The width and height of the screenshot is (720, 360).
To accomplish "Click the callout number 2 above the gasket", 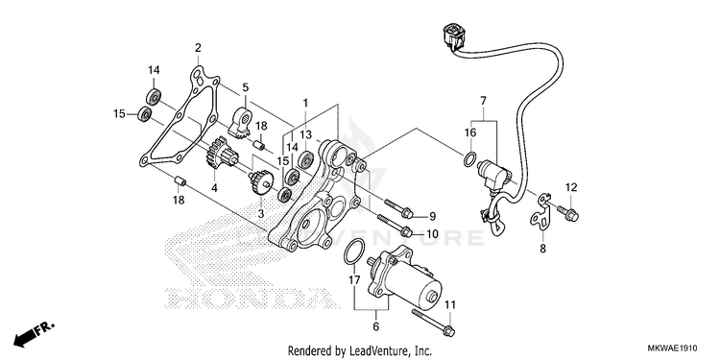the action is [x=198, y=48].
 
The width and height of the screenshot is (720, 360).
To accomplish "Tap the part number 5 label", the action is [x=245, y=86].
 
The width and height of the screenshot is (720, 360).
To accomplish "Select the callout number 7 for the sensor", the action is [x=483, y=101].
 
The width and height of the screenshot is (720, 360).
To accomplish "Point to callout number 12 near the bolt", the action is [x=571, y=187].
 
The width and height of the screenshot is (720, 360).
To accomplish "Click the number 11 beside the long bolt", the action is [x=450, y=304].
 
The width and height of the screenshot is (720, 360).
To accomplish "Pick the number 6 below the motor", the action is [x=376, y=327].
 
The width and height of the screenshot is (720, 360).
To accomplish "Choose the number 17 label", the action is [x=353, y=279].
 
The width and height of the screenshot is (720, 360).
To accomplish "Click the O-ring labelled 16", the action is [x=468, y=158].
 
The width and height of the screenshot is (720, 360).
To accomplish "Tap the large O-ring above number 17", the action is [x=353, y=252].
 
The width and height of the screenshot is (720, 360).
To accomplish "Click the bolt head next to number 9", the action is [x=406, y=212].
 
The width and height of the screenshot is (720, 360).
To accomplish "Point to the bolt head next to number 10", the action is [x=405, y=232].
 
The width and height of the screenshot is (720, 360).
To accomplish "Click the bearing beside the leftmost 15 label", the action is [x=146, y=113].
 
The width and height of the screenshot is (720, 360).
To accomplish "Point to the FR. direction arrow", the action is [x=34, y=334].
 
